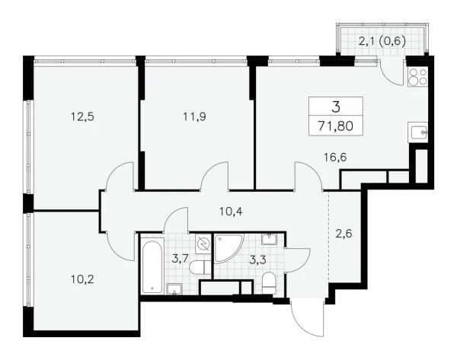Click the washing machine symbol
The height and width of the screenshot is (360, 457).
click(203, 244)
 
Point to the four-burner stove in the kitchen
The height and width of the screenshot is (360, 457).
click(420, 76)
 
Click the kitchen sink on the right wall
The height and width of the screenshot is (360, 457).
click(419, 133)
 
